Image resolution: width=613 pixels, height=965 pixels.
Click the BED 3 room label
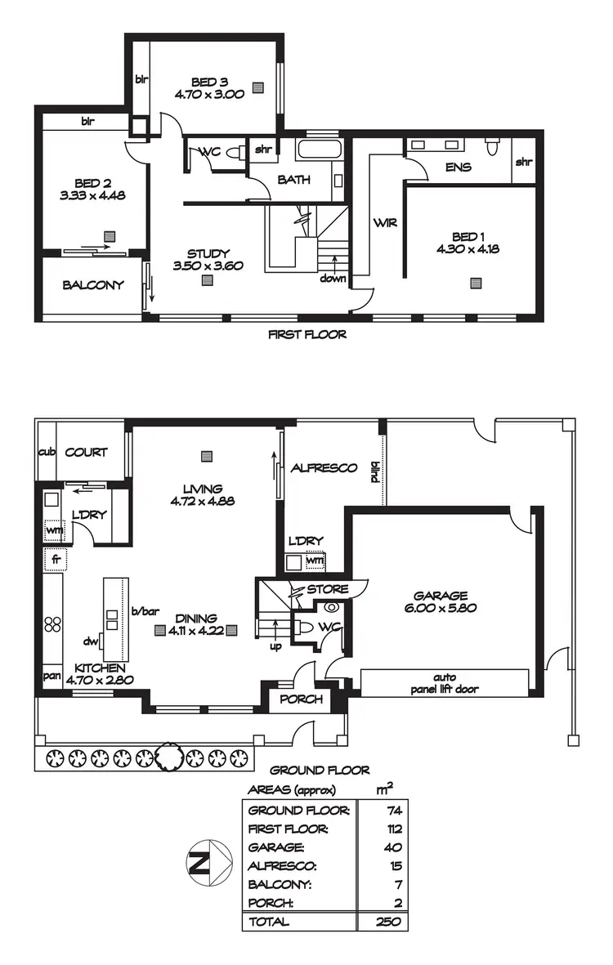[x=209, y=82]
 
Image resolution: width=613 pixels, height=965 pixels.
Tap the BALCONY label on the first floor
[x=93, y=285]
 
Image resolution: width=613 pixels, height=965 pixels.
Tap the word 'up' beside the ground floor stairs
[x=276, y=646]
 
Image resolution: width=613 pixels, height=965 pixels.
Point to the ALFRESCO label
[x=324, y=468]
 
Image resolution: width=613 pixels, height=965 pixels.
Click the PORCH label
[x=302, y=699]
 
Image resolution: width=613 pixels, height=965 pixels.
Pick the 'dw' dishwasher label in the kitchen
[x=91, y=641]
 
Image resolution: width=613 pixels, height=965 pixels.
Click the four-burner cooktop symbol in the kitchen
[x=52, y=623]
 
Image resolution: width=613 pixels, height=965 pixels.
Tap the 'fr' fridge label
[x=54, y=560]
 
